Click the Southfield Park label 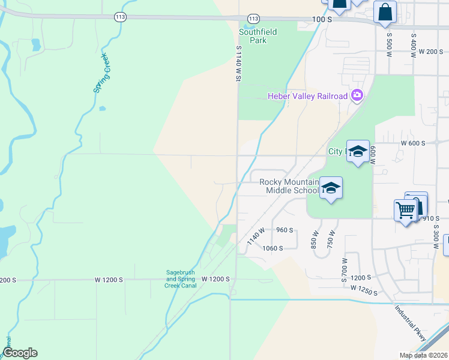253,36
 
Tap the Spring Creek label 101,73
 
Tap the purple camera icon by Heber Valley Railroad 357,95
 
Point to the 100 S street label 322,20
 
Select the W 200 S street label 430,52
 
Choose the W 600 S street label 414,143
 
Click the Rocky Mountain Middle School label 289,186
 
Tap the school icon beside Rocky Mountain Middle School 330,189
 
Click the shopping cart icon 405,210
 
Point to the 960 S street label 285,230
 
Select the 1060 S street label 272,248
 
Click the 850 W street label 314,240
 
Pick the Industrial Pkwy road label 411,324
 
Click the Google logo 20,353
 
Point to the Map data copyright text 423,355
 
